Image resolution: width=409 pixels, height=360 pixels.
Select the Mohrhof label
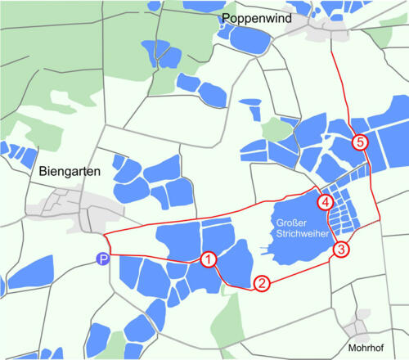(x=365, y=347)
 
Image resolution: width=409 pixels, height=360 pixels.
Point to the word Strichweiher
(x=299, y=234)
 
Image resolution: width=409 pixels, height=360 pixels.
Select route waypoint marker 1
(x=209, y=260)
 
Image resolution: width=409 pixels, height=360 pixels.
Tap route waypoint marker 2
(x=262, y=284)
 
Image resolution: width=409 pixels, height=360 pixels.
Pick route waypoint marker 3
(x=341, y=249)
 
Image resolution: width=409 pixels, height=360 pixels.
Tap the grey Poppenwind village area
(x=327, y=30)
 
